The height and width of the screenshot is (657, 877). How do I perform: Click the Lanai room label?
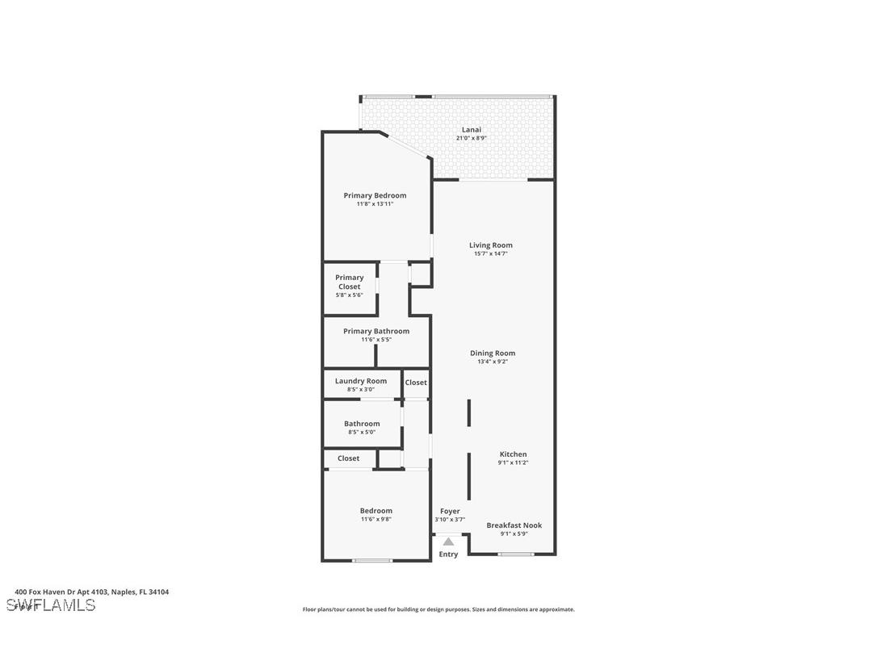tap(472, 129)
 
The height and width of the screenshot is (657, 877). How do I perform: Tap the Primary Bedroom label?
tap(375, 195)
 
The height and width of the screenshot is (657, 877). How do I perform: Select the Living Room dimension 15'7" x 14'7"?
tap(491, 254)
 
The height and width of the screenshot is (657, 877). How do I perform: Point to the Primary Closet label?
tap(350, 282)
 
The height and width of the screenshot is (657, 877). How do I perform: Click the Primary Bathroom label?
tap(376, 331)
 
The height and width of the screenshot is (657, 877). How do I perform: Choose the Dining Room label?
tap(493, 353)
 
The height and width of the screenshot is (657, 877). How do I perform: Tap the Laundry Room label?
tap(361, 381)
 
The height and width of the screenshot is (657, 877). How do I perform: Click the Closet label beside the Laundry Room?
tap(416, 383)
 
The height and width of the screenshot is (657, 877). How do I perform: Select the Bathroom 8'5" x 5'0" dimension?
tap(362, 433)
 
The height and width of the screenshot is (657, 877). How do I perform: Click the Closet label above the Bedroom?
tap(349, 458)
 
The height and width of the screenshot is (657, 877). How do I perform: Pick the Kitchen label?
tap(513, 454)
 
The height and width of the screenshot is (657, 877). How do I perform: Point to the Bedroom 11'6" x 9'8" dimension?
tap(376, 520)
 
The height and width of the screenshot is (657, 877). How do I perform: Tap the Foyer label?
tap(450, 511)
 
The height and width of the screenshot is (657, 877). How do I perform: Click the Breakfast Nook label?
tap(514, 525)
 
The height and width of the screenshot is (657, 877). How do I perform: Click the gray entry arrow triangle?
tap(448, 542)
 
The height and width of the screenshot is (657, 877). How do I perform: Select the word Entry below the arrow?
tap(448, 554)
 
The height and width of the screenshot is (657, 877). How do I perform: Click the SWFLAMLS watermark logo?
tap(51, 605)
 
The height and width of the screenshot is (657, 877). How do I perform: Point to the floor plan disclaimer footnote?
tap(438, 609)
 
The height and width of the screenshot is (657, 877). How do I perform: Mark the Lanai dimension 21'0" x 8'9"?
tap(472, 138)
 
